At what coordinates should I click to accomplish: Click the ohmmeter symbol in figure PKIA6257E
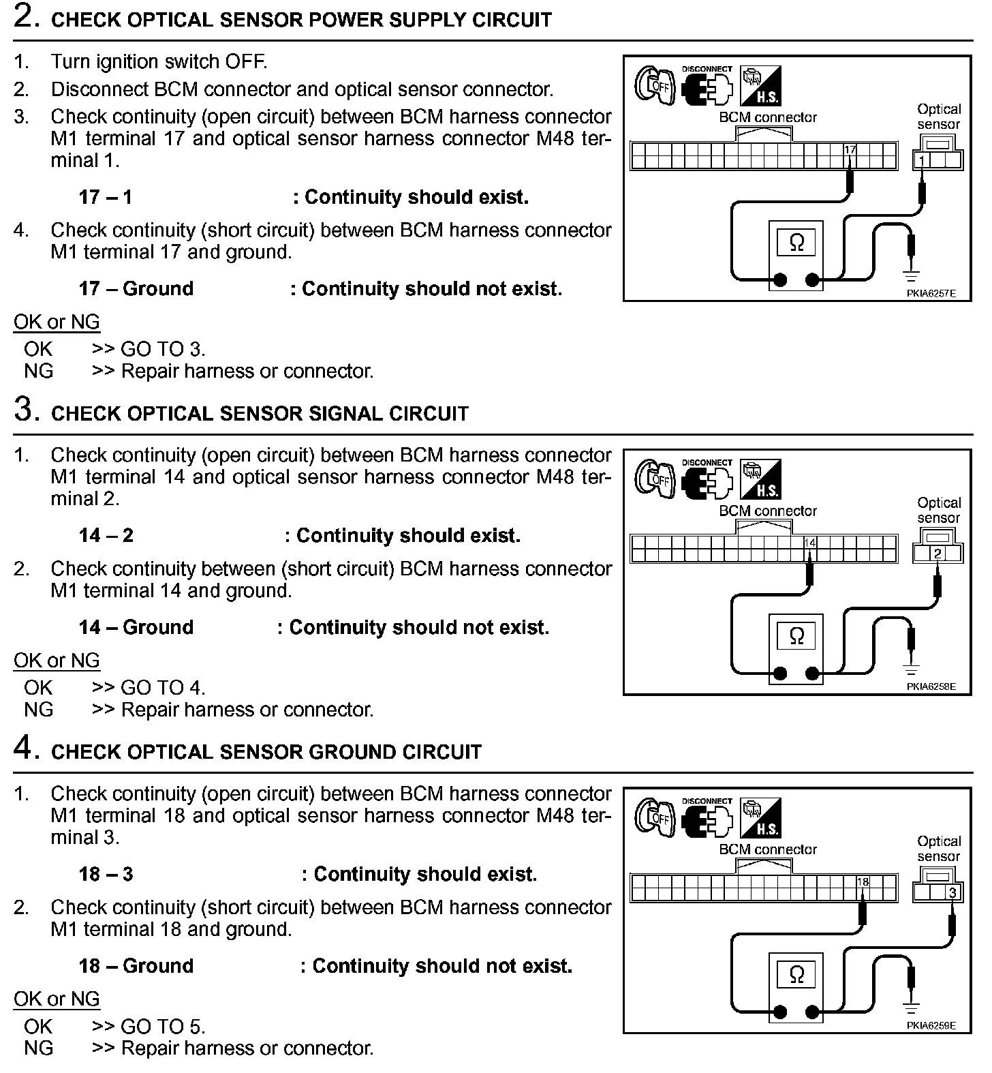click(796, 242)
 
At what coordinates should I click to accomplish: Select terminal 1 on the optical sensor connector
click(922, 161)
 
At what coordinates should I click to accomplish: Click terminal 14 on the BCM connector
click(809, 543)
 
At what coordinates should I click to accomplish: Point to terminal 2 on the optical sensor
click(937, 554)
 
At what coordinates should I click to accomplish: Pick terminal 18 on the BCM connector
click(863, 882)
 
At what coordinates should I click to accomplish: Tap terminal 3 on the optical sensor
click(952, 892)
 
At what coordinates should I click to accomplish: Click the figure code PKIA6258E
click(931, 686)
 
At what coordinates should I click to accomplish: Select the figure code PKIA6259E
click(931, 1025)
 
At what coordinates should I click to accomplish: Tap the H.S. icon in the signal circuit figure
click(760, 479)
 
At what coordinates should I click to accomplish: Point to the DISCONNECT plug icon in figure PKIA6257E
click(707, 87)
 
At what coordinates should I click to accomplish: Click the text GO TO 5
click(163, 1027)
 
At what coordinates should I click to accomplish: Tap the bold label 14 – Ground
click(136, 627)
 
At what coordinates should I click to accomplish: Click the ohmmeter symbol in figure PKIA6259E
click(796, 975)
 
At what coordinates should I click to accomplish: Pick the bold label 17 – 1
click(106, 197)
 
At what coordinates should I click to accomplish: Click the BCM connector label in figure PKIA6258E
click(768, 511)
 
